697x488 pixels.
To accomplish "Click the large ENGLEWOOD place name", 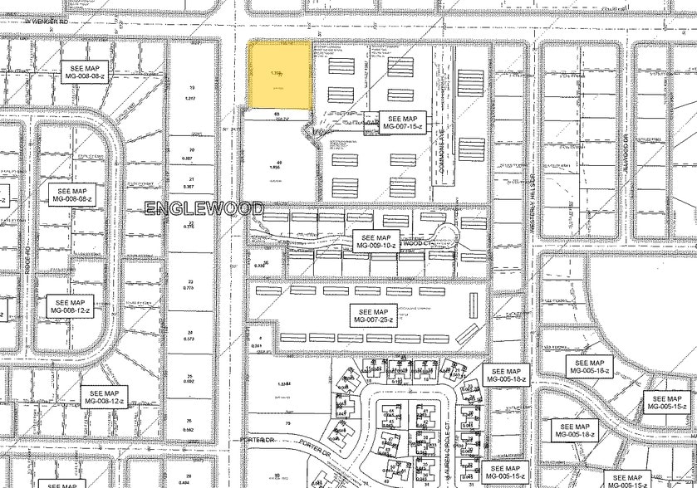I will pos(204,208).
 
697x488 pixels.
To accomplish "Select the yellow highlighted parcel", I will pos(282,74).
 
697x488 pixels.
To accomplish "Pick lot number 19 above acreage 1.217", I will pos(191,88).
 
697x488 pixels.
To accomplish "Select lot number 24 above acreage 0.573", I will pos(191,331).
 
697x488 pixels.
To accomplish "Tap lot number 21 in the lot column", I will pos(191,179).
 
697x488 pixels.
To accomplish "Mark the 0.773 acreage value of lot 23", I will pos(191,289).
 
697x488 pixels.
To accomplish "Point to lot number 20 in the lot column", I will pos(191,150).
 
